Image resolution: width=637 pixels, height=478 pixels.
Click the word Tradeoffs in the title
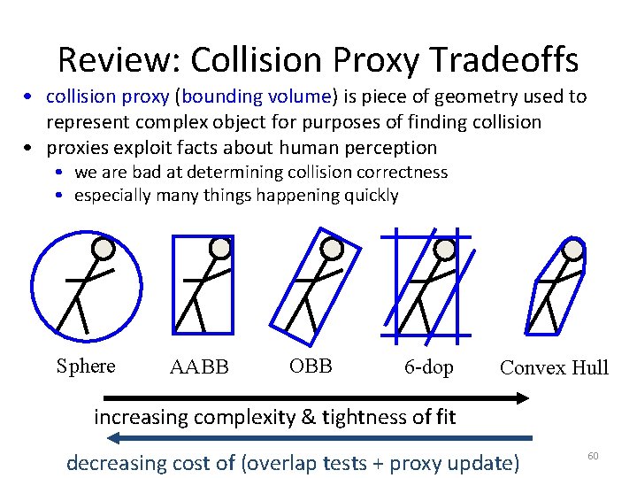coord(507,60)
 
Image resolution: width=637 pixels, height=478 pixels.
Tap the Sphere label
coord(86,366)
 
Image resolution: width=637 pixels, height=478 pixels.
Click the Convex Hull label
coord(554,367)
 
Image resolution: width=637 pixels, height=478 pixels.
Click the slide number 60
coord(593,455)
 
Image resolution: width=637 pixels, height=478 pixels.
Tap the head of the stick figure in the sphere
coord(104,250)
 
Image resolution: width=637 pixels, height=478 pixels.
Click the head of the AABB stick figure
coord(219,248)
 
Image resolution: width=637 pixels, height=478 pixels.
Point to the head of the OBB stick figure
coord(332,249)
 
